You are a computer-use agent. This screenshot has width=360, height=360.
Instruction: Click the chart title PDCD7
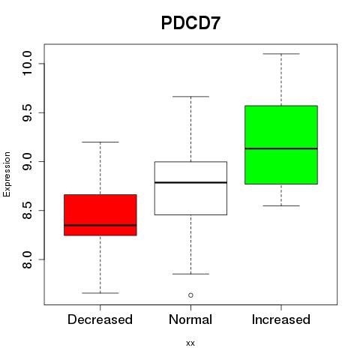pos(190,23)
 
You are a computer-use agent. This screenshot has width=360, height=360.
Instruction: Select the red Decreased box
pos(100,215)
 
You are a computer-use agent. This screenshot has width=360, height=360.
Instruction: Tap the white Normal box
pos(190,188)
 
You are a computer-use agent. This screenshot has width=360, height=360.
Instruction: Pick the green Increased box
pos(281,145)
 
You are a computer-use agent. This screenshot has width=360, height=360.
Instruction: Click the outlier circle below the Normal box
pos(190,295)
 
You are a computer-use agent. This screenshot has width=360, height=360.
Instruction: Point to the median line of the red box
pos(100,225)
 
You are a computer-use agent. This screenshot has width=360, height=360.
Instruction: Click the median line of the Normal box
pos(190,182)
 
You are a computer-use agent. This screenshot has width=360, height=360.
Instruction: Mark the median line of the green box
pos(281,148)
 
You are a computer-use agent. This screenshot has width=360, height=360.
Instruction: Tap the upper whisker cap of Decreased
pos(100,142)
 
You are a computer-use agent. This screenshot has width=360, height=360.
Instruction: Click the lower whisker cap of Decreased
pos(100,293)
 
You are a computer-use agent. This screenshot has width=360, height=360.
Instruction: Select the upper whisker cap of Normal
pos(190,97)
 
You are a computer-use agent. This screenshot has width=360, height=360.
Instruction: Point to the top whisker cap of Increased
pos(281,54)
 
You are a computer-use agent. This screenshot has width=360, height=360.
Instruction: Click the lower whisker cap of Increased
pos(281,205)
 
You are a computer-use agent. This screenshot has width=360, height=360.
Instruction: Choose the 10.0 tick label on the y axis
pos(27,64)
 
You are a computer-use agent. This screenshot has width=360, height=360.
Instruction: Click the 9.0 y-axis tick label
pos(27,162)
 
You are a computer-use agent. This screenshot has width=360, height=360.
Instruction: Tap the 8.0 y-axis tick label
pos(27,259)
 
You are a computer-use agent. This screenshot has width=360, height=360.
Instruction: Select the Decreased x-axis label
pos(100,319)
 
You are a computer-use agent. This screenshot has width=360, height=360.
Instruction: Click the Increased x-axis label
pos(281,319)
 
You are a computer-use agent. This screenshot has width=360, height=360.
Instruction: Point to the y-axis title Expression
pos(7,174)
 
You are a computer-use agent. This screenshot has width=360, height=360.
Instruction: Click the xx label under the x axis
pos(190,343)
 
